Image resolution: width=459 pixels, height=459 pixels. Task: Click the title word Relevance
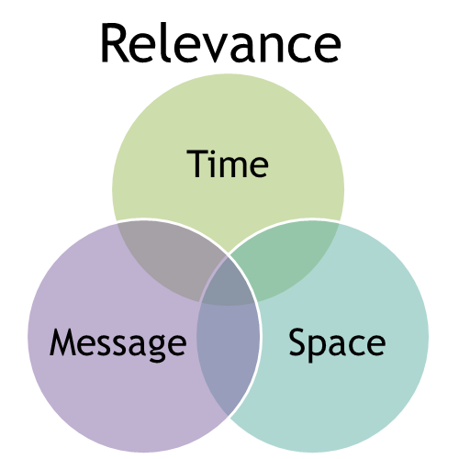pos(220,42)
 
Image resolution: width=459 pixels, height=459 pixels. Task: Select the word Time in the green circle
pos(228,163)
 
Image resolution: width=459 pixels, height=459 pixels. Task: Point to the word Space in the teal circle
pos(337,343)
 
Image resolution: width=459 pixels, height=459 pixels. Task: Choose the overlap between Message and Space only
pos(228,352)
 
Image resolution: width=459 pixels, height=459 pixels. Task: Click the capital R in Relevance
pos(115,43)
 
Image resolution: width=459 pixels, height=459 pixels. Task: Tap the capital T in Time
pos(196,163)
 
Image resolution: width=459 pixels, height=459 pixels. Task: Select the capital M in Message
pos(62,342)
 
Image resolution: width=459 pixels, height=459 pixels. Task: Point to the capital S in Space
pos(298,341)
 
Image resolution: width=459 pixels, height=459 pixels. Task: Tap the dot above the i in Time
pos(215,152)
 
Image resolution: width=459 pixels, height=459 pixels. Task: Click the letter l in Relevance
pos(167,42)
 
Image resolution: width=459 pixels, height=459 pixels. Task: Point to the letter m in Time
pos(235,168)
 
